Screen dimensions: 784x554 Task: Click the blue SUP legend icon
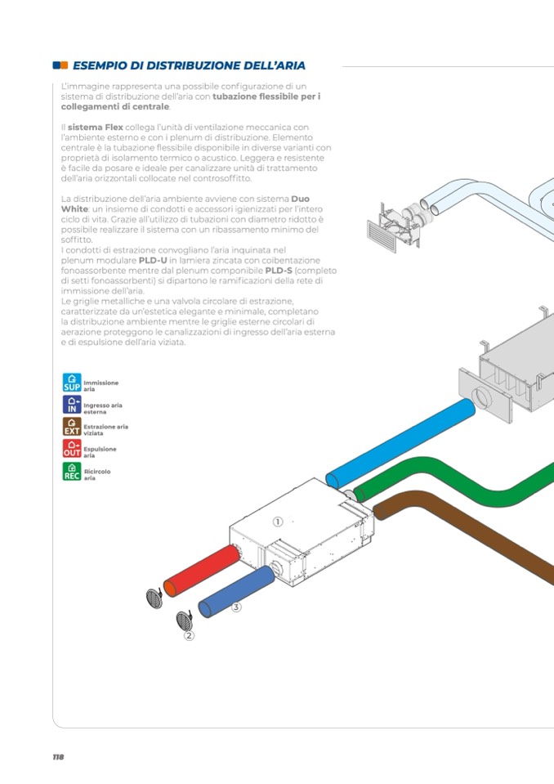[x=72, y=383]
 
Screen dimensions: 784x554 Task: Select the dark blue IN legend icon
[x=72, y=405]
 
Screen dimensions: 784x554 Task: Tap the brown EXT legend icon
[x=72, y=427]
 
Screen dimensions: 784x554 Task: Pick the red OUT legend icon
[x=72, y=449]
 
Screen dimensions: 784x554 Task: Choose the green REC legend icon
[x=72, y=472]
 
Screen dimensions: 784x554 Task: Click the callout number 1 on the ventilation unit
[x=278, y=522]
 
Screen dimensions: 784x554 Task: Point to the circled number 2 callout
[x=189, y=635]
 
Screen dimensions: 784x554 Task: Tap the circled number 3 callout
[x=236, y=607]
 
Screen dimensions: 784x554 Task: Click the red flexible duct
[x=201, y=571]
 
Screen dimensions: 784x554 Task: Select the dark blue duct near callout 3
[x=237, y=590]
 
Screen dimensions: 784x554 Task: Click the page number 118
[x=58, y=757]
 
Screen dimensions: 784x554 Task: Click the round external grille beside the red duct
[x=154, y=599]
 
